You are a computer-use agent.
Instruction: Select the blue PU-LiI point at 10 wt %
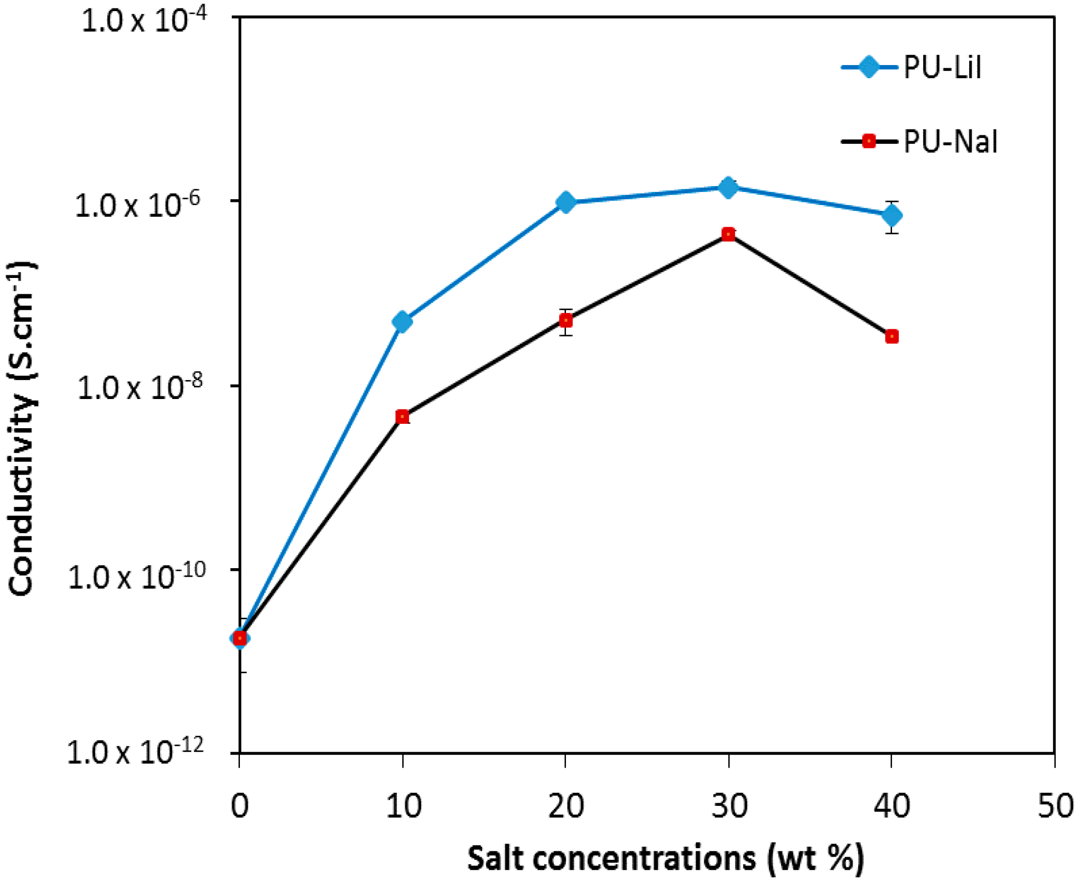pos(402,321)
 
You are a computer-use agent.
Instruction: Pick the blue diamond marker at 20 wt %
pos(565,202)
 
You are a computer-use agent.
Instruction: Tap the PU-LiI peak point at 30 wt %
pos(728,187)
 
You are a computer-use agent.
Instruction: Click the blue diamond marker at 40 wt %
pos(892,215)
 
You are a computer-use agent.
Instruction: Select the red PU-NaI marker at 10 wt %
pos(402,417)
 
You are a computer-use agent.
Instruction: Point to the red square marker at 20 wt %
pos(565,320)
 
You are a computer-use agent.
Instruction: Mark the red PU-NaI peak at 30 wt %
pos(728,234)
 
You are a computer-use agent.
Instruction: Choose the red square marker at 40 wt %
pos(892,336)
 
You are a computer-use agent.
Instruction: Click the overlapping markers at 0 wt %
pos(239,638)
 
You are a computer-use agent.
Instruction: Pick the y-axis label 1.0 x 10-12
pos(135,752)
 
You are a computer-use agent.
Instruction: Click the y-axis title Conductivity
pos(22,428)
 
